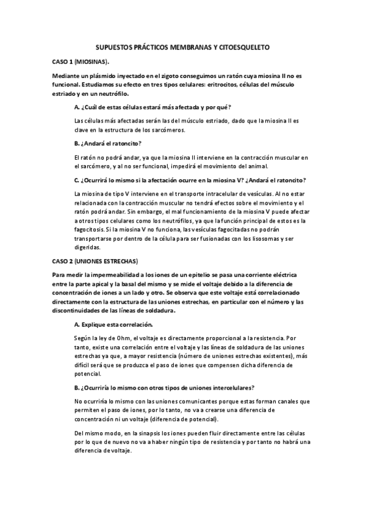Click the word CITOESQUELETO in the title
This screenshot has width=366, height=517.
pyautogui.click(x=241, y=47)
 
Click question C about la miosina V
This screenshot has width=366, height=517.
pyautogui.click(x=189, y=180)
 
